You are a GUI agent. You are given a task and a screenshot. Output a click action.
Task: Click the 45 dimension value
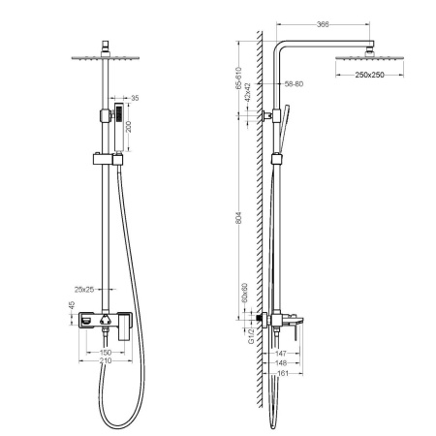click(70, 309)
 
